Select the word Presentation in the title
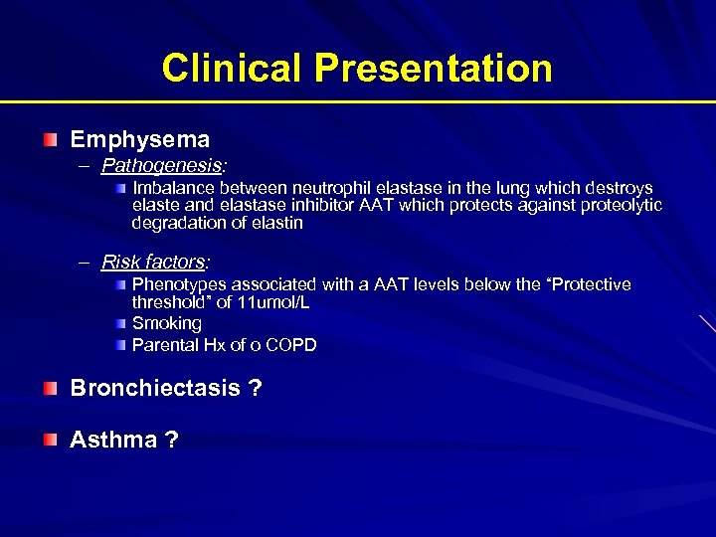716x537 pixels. point(434,68)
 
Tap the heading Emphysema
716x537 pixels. point(139,139)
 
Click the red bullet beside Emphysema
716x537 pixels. point(51,140)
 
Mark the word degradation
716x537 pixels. point(180,224)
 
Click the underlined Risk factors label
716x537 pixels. point(154,263)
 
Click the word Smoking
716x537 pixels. point(166,323)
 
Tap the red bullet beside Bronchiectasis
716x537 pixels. point(51,389)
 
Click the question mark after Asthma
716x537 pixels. point(171,440)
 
